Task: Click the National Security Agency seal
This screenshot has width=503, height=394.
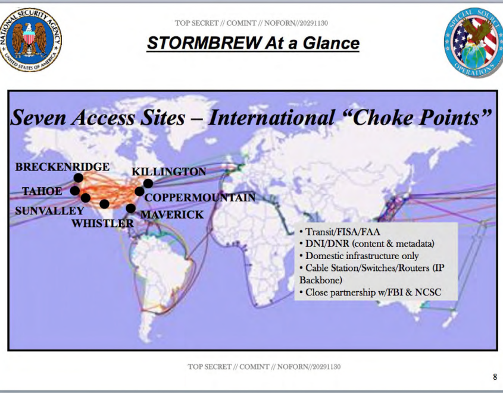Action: click(x=30, y=40)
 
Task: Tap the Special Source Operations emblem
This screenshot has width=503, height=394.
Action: click(x=474, y=42)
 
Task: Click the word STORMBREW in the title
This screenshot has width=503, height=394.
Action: click(x=204, y=43)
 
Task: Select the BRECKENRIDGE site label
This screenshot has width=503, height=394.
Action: click(x=63, y=166)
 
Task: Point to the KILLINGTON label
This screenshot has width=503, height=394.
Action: click(x=168, y=172)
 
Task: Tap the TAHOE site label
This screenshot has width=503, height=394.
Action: click(x=42, y=191)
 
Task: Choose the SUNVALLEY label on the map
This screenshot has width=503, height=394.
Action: click(x=49, y=210)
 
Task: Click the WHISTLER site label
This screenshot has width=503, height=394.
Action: click(x=102, y=223)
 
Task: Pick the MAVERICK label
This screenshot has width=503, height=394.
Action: click(x=172, y=215)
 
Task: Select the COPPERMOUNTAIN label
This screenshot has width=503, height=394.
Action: click(x=200, y=197)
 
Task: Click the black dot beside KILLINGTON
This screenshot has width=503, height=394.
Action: click(x=148, y=184)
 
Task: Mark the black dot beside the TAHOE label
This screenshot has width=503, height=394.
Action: click(x=75, y=191)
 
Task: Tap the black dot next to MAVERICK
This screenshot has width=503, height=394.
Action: click(x=130, y=208)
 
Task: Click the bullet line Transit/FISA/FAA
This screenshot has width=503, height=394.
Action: click(x=340, y=232)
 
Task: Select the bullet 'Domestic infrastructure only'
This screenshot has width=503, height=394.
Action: click(x=359, y=256)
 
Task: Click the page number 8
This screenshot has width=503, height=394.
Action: click(x=495, y=377)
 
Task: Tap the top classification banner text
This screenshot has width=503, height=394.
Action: click(x=251, y=23)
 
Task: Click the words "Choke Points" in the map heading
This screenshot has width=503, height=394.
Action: click(x=418, y=117)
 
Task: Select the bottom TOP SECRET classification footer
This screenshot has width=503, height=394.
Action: click(x=264, y=367)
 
